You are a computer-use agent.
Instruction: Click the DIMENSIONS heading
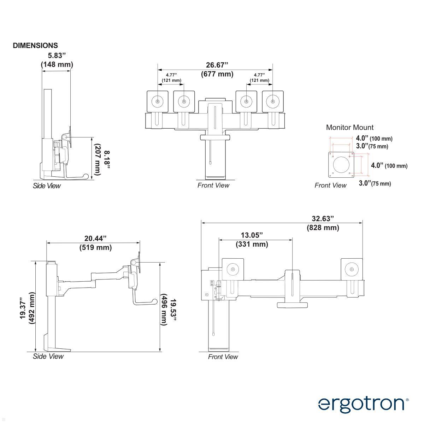(35, 46)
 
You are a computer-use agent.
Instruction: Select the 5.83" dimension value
(57, 55)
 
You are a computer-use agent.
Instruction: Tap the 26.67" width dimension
(217, 65)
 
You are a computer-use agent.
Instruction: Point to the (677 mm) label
(217, 74)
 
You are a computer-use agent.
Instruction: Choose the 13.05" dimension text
(252, 235)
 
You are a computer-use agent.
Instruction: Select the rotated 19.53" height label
(173, 310)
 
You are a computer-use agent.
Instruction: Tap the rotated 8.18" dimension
(107, 160)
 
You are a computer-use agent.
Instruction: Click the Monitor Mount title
(349, 127)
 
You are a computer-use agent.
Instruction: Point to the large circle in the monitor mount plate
(341, 164)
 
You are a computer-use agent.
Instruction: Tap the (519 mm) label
(95, 247)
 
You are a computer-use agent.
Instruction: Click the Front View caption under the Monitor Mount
(330, 185)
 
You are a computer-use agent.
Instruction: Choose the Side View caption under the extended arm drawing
(48, 356)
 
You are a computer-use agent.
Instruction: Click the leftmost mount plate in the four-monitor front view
(157, 101)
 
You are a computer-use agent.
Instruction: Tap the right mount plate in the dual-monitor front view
(352, 269)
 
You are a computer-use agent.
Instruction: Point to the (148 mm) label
(57, 64)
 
